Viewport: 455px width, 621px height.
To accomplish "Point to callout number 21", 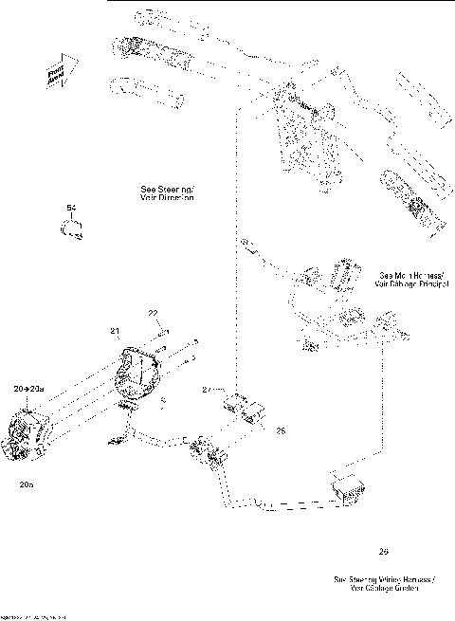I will [x=115, y=330].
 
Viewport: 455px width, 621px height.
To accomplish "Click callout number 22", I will [x=152, y=314].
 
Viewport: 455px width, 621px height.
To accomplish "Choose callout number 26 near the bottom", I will [x=383, y=551].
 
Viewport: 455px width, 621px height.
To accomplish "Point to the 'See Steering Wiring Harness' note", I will [x=383, y=583].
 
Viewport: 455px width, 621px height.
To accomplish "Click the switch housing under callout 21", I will [x=138, y=374].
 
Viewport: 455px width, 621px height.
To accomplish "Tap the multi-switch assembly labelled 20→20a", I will [x=34, y=433].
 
